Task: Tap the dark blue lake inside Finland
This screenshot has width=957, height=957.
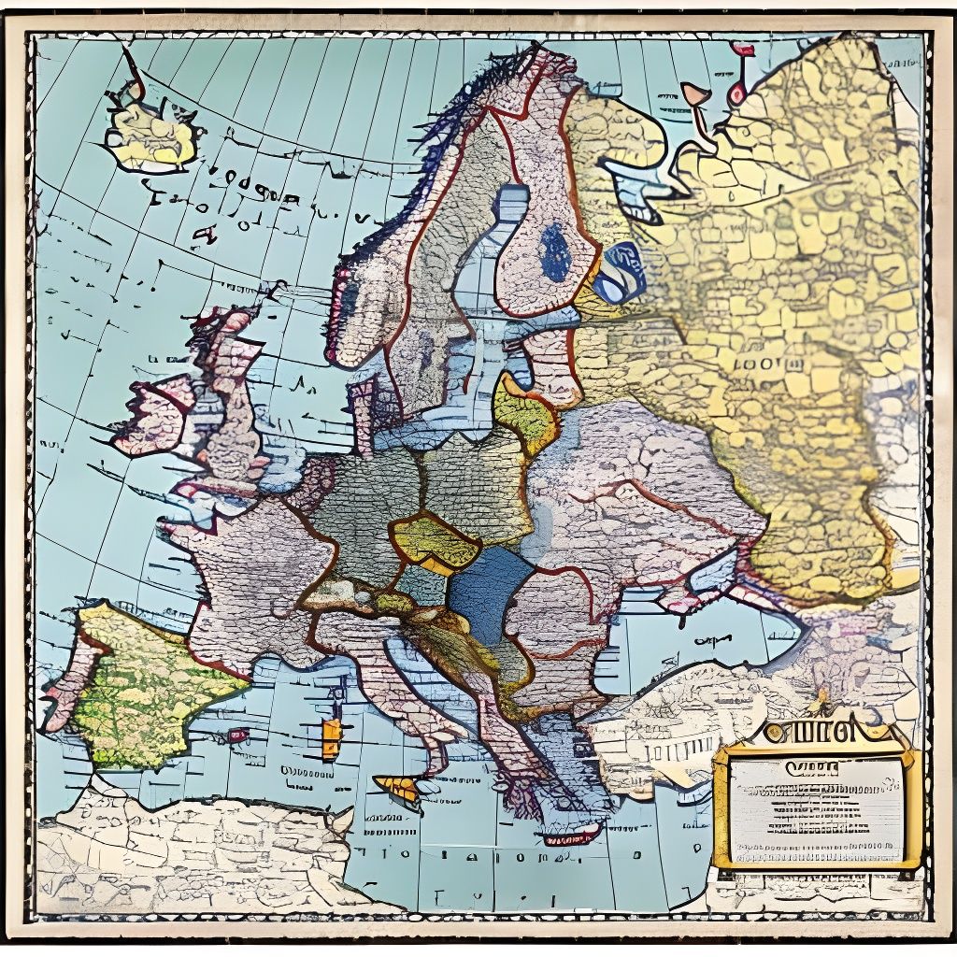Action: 556,252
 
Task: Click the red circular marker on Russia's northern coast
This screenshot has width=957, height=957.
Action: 737,93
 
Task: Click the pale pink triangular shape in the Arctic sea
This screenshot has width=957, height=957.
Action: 694,93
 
